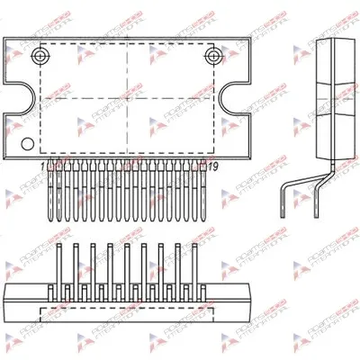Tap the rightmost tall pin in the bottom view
point(193,261)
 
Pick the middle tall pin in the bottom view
point(127,261)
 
